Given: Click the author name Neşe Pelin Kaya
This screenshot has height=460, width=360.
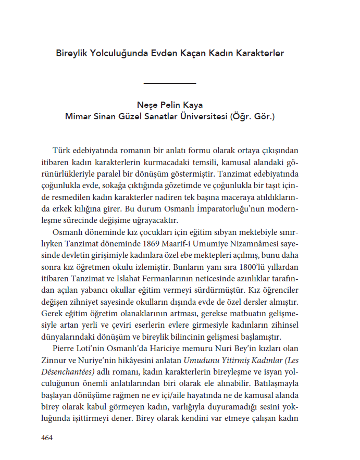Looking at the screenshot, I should [x=169, y=105].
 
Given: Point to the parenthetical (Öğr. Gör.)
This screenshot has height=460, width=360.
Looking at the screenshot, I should [x=252, y=116].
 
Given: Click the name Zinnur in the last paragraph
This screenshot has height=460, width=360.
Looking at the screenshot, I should [x=53, y=360].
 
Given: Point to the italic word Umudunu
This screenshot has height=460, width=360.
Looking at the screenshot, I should [x=199, y=360].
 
